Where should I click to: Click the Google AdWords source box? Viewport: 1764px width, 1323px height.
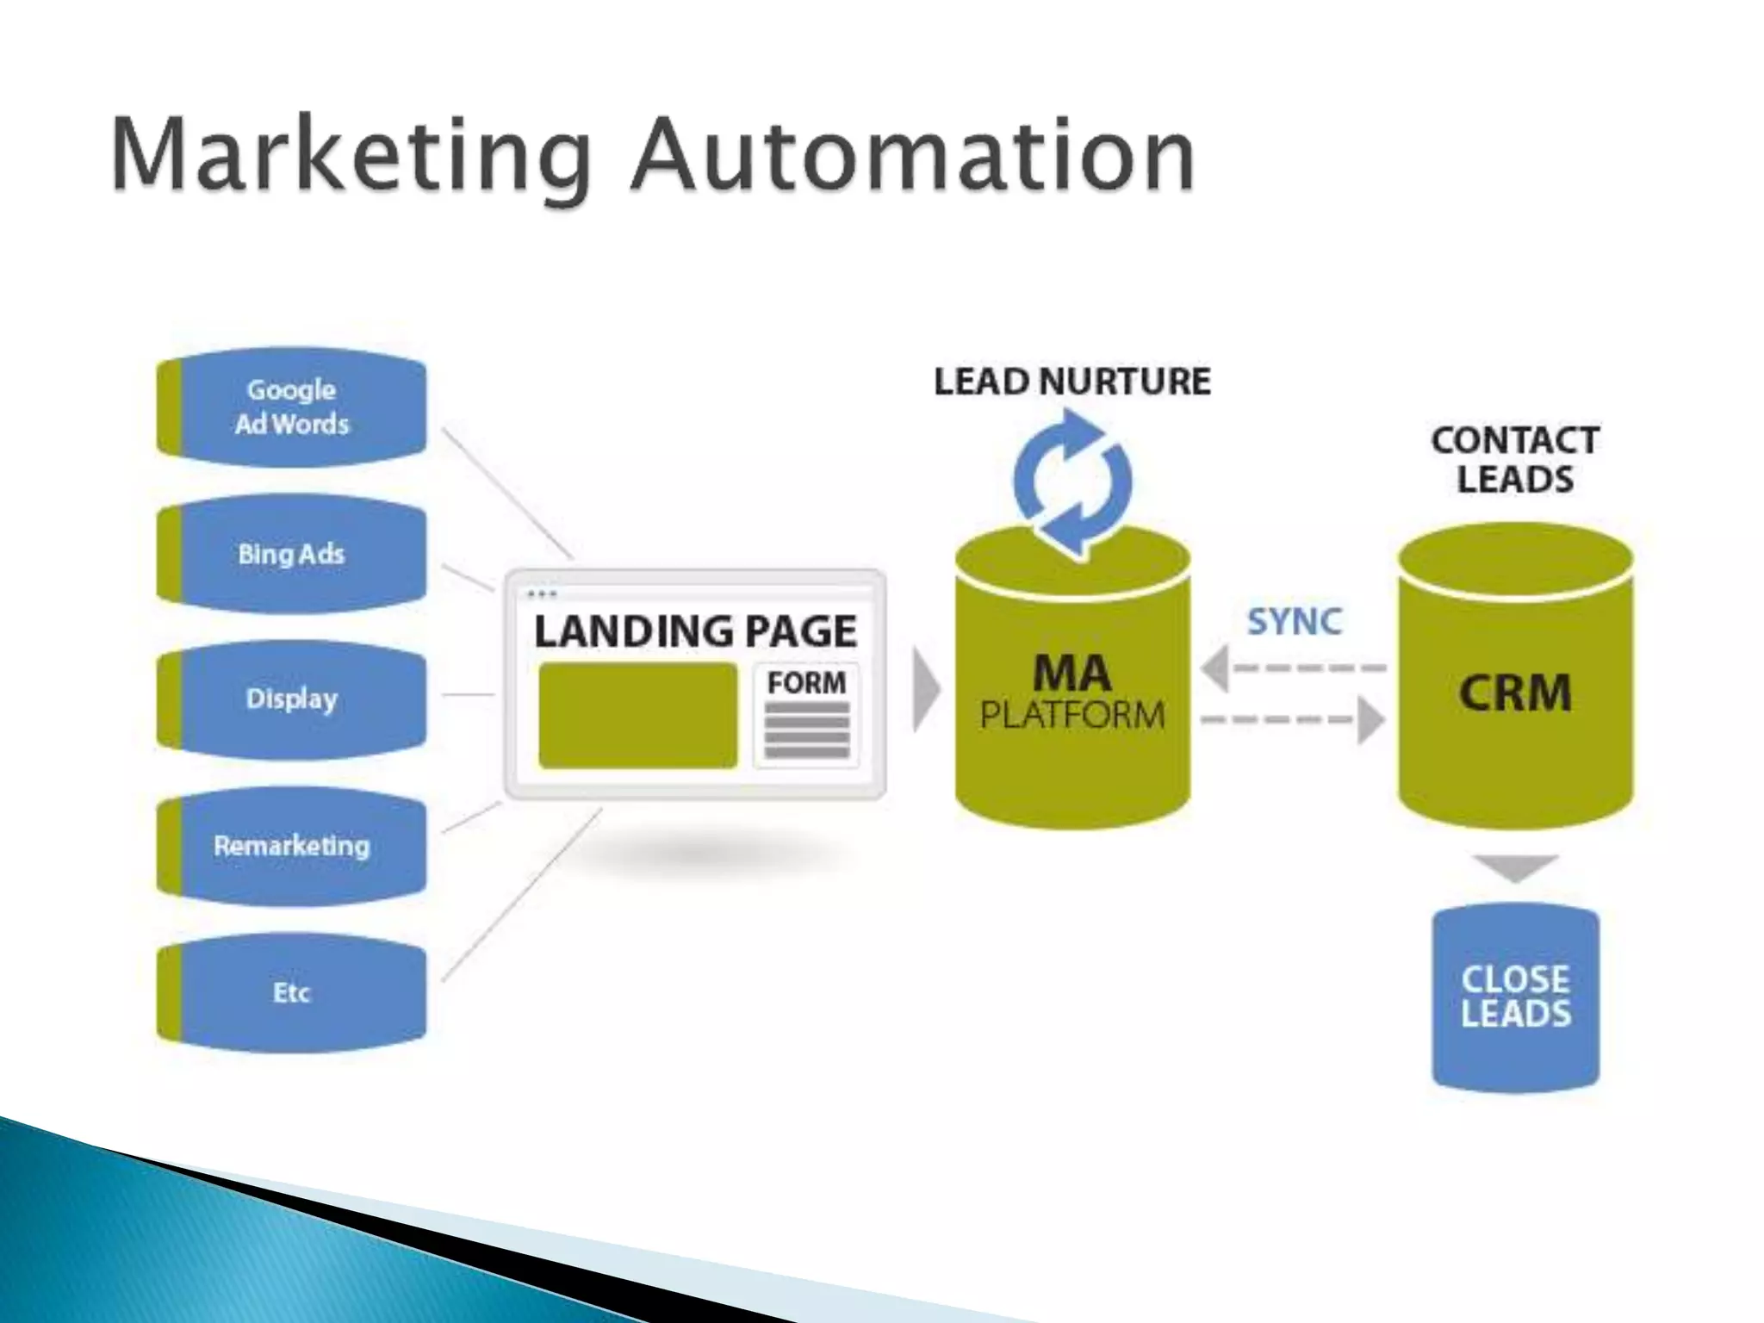tap(292, 407)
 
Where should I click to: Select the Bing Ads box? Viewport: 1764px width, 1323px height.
tap(292, 553)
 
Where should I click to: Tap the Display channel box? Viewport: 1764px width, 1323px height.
tap(292, 699)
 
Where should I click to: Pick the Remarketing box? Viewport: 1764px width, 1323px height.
tap(292, 846)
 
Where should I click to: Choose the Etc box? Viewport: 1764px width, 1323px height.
tap(292, 992)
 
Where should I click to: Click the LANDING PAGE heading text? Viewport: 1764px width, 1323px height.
tap(695, 631)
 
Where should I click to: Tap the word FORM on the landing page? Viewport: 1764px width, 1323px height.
tap(806, 683)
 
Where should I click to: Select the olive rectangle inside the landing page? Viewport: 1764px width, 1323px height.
tap(637, 716)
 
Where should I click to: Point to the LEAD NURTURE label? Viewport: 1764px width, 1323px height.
tap(1072, 382)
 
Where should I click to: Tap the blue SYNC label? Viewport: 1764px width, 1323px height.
tap(1295, 621)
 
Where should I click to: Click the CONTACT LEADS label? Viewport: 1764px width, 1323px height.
tap(1515, 460)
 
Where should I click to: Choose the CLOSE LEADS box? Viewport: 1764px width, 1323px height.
tap(1515, 997)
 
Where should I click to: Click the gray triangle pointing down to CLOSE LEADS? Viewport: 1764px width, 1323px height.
tap(1515, 866)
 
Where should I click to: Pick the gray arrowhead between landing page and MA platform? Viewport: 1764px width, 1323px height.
tap(925, 689)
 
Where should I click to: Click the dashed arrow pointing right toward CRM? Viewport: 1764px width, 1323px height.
tap(1292, 720)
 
